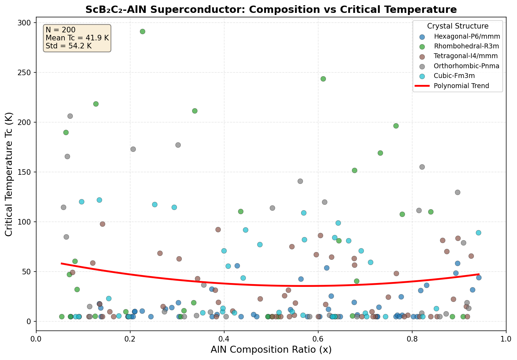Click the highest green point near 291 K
[142, 31]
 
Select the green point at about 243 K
[323, 79]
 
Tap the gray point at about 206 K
[70, 116]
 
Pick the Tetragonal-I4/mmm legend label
[466, 56]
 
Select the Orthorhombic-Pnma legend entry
[467, 66]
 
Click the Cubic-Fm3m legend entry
[454, 76]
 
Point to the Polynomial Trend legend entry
[461, 86]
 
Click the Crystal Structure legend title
[457, 26]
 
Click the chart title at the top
[271, 9]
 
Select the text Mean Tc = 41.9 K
[77, 38]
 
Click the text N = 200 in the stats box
[61, 30]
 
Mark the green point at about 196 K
[396, 126]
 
